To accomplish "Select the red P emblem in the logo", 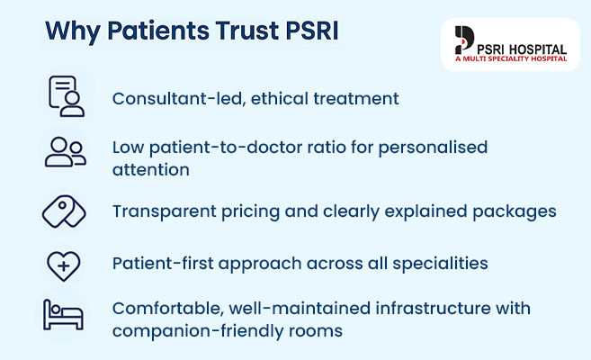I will coord(464,41).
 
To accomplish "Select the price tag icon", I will coord(65,211).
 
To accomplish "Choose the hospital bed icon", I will coord(64,317).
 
